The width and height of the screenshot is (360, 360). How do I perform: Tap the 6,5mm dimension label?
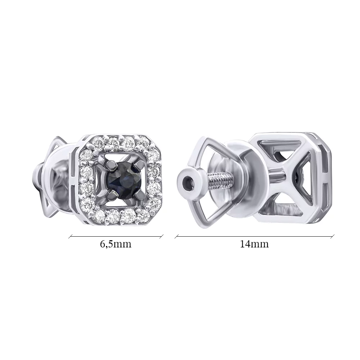[116, 244]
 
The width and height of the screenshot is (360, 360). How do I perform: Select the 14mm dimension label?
[254, 244]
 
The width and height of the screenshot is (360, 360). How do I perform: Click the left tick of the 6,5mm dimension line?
[71, 236]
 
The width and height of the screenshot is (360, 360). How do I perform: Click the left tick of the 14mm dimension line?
[176, 236]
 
